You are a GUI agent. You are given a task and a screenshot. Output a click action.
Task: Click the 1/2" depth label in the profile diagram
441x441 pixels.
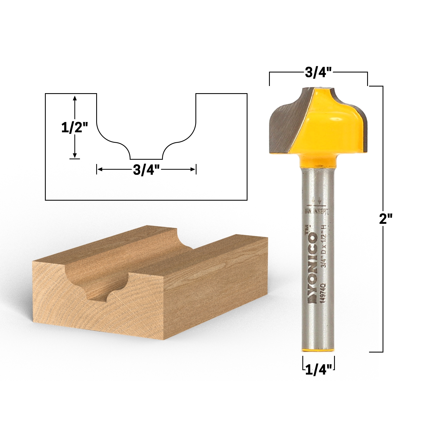[74, 128]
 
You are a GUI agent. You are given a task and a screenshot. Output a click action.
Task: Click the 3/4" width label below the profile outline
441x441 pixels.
[146, 170]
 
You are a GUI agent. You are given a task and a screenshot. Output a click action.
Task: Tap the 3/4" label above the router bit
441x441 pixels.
[318, 72]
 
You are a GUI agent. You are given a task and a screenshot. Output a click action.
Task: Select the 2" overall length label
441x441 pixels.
[385, 219]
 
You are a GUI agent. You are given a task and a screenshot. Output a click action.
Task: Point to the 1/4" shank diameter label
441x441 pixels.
[318, 370]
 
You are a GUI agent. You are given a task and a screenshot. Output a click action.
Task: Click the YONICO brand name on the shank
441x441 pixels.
[313, 269]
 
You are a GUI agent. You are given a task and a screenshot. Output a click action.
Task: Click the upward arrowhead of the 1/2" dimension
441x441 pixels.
[74, 98]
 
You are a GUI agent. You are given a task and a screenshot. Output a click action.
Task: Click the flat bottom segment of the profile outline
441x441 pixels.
[146, 159]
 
